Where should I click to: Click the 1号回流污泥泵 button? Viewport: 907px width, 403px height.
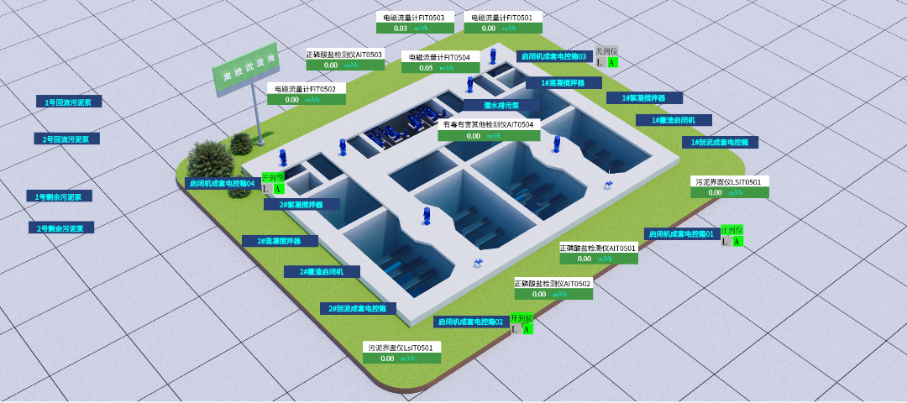pyautogui.click(x=69, y=102)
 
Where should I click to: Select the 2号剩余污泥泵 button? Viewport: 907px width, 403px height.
pyautogui.click(x=61, y=228)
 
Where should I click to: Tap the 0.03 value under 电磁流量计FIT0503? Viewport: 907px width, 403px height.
pyautogui.click(x=401, y=28)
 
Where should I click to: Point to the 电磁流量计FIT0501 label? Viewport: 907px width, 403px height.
pyautogui.click(x=503, y=17)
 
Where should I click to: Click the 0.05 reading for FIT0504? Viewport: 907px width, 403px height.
pyautogui.click(x=426, y=68)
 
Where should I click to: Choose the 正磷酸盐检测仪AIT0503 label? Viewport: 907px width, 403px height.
pyautogui.click(x=344, y=55)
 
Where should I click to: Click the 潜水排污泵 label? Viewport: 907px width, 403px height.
pyautogui.click(x=501, y=106)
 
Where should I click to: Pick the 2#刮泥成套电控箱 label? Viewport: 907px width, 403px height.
pyautogui.click(x=357, y=308)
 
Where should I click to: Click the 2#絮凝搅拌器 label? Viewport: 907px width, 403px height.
pyautogui.click(x=301, y=204)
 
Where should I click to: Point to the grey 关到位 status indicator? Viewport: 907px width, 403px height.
pyautogui.click(x=606, y=51)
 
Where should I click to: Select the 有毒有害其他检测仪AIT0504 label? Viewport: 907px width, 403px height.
pyautogui.click(x=488, y=124)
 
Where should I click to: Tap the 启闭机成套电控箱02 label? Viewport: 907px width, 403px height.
pyautogui.click(x=471, y=322)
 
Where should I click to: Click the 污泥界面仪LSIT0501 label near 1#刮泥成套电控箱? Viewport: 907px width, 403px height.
pyautogui.click(x=729, y=181)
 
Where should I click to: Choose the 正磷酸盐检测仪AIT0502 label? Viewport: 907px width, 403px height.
pyautogui.click(x=553, y=284)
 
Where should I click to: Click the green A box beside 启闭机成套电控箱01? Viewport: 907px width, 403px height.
pyautogui.click(x=737, y=242)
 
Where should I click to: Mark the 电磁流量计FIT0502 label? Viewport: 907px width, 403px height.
pyautogui.click(x=306, y=88)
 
